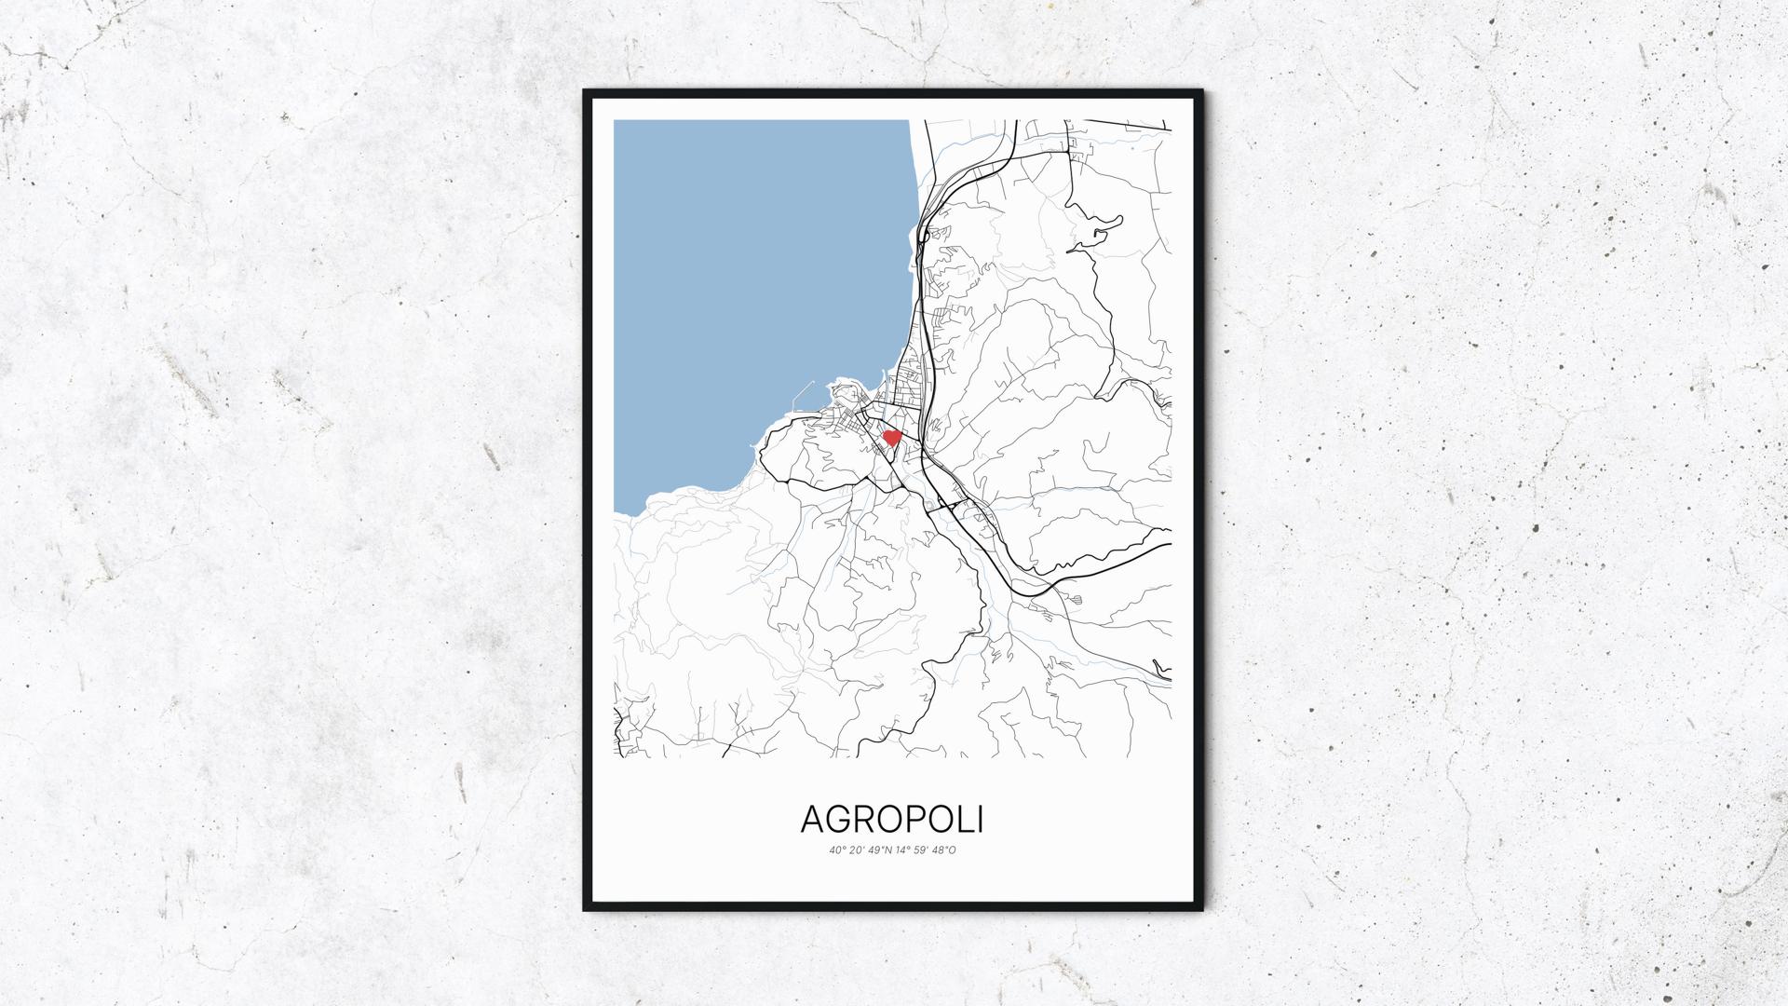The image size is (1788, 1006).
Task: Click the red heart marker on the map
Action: [x=891, y=437]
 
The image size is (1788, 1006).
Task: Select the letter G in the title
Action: [x=842, y=820]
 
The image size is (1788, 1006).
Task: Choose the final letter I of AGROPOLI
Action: [x=980, y=820]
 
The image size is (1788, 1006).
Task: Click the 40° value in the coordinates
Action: [x=836, y=850]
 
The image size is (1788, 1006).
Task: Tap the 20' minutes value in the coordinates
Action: [x=857, y=850]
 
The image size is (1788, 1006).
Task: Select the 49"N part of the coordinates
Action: [x=880, y=850]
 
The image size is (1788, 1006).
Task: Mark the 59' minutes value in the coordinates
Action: [x=925, y=850]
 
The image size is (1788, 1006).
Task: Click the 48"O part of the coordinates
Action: [x=946, y=850]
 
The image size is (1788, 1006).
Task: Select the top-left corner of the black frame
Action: [x=586, y=92]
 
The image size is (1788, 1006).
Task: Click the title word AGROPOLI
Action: [x=892, y=820]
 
